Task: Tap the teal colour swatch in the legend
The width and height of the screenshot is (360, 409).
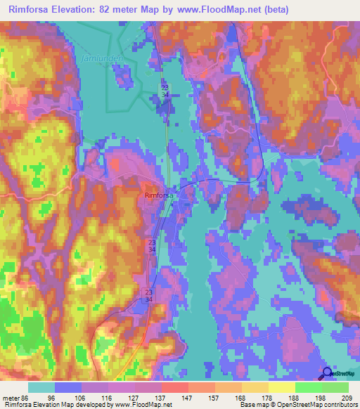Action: (x=41, y=387)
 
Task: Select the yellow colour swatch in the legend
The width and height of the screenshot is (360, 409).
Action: (x=282, y=387)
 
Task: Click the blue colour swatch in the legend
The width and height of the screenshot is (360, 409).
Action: (x=68, y=387)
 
